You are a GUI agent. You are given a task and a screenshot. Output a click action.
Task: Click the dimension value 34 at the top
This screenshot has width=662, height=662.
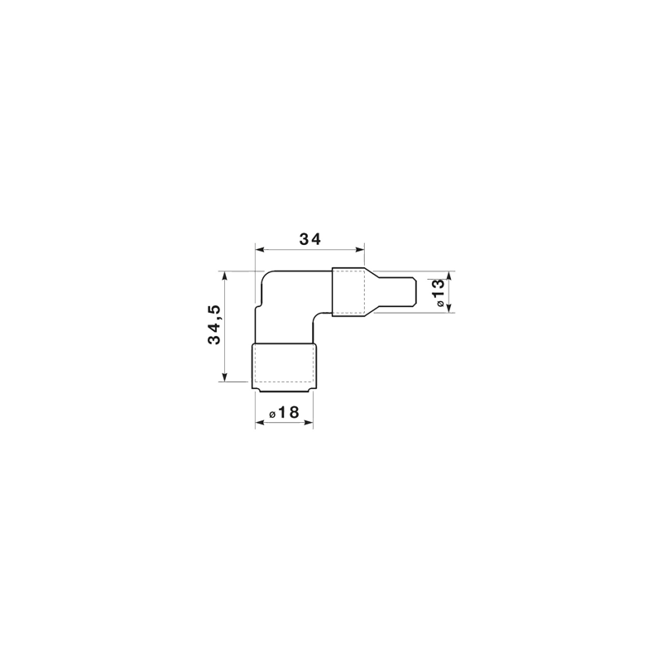click(310, 239)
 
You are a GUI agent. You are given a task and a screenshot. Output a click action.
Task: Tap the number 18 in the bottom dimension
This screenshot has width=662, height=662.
click(289, 412)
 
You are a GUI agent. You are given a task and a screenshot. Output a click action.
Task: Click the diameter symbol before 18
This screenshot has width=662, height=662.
click(273, 415)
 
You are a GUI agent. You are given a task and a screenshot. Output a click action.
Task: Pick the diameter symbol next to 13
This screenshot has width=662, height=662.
click(440, 303)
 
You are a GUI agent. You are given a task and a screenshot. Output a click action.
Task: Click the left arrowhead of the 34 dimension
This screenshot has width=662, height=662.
click(260, 250)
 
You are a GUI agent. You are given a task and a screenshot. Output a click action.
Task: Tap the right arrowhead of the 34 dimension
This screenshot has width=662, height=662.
click(360, 250)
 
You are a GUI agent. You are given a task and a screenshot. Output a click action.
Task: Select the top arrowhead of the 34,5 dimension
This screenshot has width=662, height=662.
click(224, 276)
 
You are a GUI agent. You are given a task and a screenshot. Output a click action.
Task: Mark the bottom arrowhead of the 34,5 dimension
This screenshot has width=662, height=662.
click(224, 377)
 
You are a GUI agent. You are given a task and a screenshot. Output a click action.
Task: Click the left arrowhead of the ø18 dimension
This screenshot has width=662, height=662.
click(260, 422)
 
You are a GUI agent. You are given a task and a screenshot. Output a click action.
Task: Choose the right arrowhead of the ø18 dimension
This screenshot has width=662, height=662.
click(309, 422)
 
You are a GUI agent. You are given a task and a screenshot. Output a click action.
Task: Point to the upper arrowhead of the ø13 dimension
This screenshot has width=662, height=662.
click(449, 276)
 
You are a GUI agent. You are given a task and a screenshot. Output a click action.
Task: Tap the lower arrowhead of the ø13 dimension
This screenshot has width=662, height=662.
click(449, 308)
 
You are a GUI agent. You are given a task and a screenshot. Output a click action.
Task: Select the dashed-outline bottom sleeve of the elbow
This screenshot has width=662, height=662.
click(284, 367)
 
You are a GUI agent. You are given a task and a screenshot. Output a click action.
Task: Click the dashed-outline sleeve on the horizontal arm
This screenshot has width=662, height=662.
click(348, 292)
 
